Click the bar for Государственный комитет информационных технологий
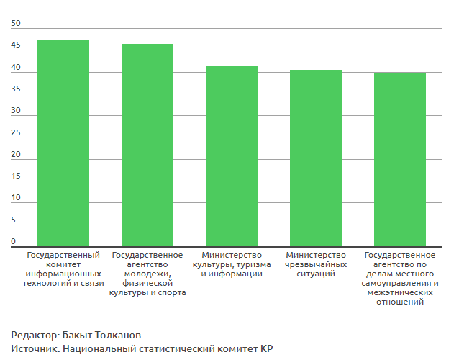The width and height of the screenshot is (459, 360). click(x=63, y=144)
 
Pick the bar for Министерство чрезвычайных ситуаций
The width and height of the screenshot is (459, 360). click(x=316, y=158)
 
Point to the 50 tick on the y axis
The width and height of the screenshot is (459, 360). click(x=17, y=24)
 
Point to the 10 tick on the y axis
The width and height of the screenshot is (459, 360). click(x=17, y=198)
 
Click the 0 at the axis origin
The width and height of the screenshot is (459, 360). click(x=13, y=241)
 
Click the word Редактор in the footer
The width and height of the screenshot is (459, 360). click(x=34, y=336)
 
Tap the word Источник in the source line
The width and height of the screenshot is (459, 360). click(x=35, y=349)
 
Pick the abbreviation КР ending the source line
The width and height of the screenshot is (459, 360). click(x=267, y=349)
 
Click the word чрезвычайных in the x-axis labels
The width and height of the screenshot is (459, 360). click(x=316, y=264)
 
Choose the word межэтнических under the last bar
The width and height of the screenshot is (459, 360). click(x=400, y=292)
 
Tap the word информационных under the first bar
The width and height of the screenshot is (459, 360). click(x=63, y=274)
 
